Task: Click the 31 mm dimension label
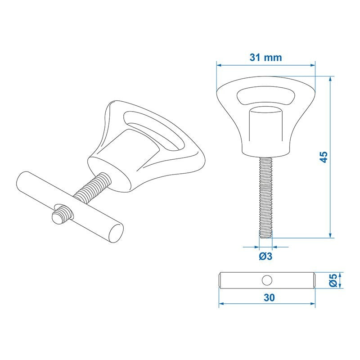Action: [x=265, y=58]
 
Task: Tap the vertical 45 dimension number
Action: [x=324, y=157]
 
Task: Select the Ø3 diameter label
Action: [x=265, y=256]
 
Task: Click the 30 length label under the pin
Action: [x=269, y=297]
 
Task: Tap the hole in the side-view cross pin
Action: [x=267, y=280]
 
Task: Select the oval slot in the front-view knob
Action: [x=265, y=96]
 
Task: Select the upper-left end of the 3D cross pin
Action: [x=22, y=179]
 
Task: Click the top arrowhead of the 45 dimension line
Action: [x=331, y=78]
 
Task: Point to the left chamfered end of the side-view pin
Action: [x=221, y=280]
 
